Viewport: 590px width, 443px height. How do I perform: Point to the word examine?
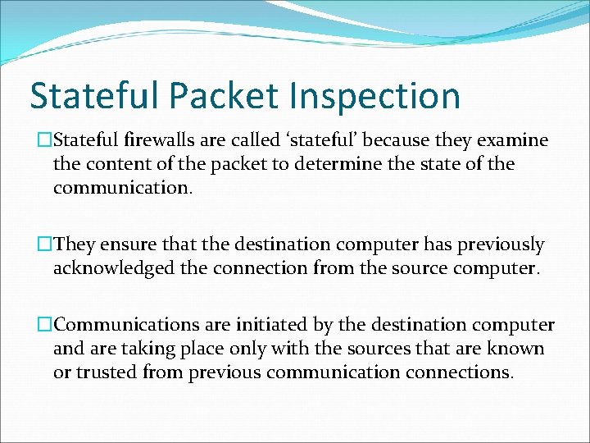(511, 140)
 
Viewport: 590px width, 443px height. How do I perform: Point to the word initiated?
(262, 325)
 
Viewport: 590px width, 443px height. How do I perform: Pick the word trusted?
(112, 372)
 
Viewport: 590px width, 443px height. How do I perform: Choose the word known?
(515, 349)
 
